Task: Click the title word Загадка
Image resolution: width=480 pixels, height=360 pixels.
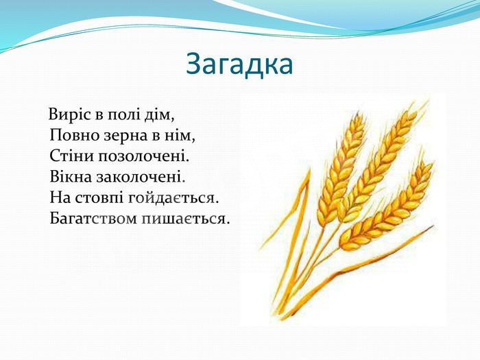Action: pos(239,65)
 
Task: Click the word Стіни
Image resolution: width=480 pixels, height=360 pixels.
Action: pos(71,156)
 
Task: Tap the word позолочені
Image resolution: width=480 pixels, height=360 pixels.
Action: pos(143,156)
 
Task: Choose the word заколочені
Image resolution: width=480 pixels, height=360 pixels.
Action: pos(141,177)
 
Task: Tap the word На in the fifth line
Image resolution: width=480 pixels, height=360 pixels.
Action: pos(60,197)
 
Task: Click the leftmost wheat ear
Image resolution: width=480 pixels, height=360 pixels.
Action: pos(341,169)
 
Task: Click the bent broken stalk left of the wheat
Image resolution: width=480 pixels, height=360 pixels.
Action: pos(302,196)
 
